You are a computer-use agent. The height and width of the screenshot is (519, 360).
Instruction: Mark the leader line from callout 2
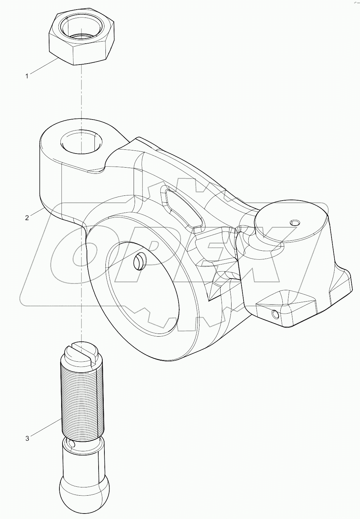[36, 212]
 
